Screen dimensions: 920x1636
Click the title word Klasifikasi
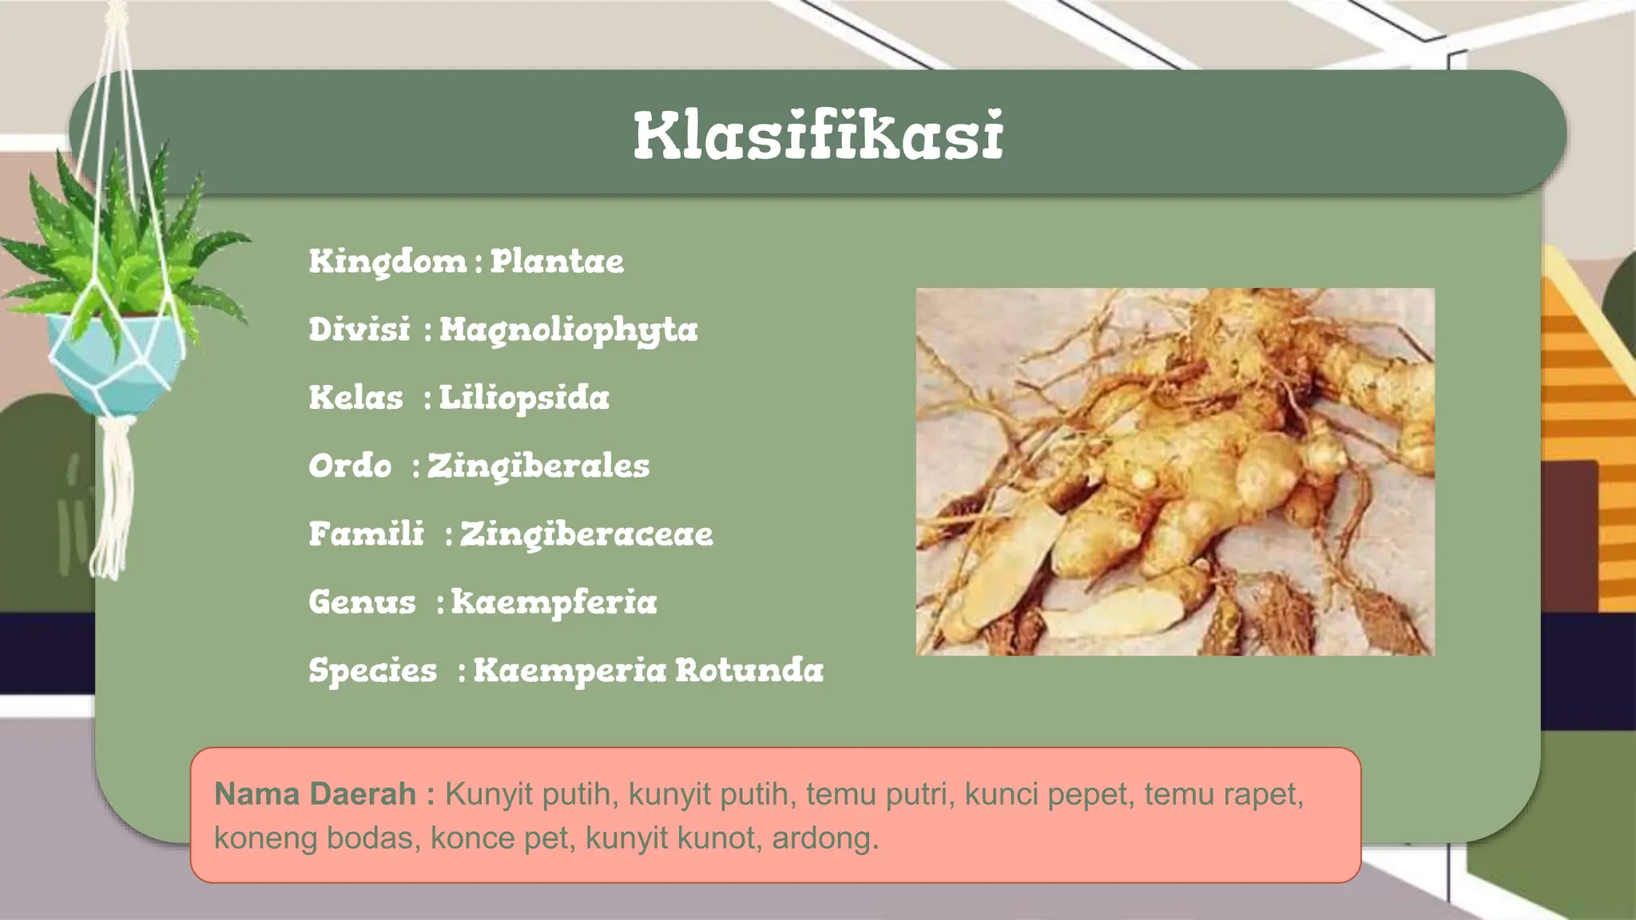[x=818, y=136]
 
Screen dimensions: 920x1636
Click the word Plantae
[x=557, y=261]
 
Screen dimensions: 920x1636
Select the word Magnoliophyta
[x=568, y=330]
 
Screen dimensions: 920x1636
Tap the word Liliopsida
[x=524, y=398]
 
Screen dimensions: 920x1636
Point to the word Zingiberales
[x=538, y=466]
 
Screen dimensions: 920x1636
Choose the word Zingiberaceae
[x=586, y=534]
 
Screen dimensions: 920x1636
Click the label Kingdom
[x=387, y=261]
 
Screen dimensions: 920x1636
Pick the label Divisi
[x=359, y=329]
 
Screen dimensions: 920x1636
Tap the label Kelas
[x=356, y=398]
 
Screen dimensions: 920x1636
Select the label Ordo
[x=350, y=466]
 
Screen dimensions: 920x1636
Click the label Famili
[x=367, y=533]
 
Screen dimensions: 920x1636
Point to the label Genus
[x=362, y=602]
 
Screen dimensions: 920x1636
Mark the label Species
[x=373, y=671]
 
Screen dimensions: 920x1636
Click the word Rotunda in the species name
[x=749, y=670]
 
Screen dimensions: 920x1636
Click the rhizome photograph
[x=1174, y=471]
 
